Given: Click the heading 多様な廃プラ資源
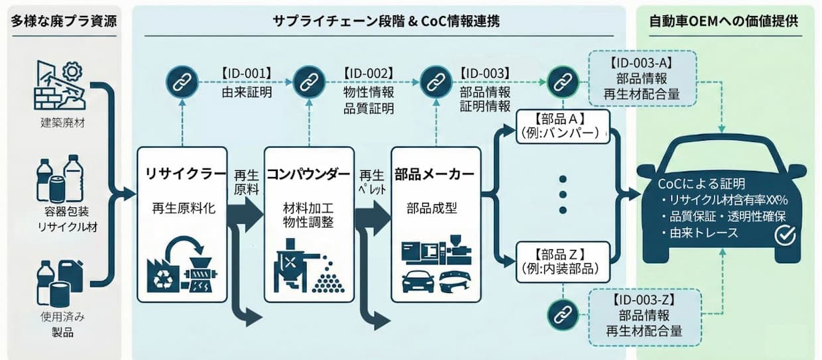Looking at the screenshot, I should [64, 21].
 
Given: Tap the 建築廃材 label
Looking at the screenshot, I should [64, 123].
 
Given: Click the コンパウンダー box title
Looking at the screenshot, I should [308, 174].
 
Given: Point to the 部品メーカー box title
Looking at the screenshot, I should [434, 174].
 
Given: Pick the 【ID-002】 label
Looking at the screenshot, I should [369, 72].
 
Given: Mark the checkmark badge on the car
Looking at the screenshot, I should [786, 234].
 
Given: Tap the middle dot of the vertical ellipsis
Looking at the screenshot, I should [563, 195].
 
